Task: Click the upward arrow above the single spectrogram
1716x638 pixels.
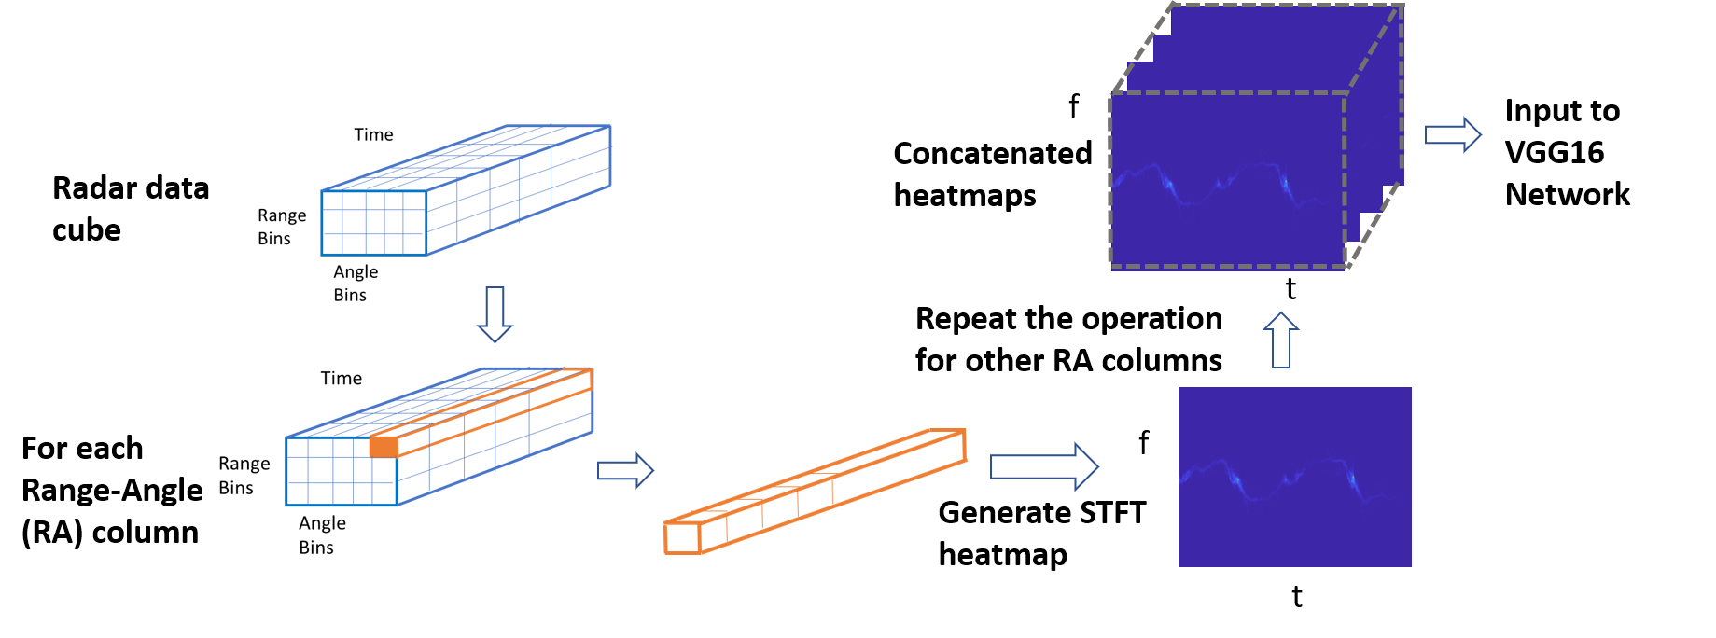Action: pos(1281,340)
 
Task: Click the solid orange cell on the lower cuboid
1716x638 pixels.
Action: pos(384,447)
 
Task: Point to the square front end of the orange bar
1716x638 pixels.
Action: pos(682,537)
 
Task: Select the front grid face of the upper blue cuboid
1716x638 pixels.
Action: pos(374,223)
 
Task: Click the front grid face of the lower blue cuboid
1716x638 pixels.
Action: pos(342,472)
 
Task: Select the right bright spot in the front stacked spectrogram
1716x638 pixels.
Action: pos(1285,184)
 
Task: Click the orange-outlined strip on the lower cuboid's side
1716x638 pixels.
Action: pos(495,410)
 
